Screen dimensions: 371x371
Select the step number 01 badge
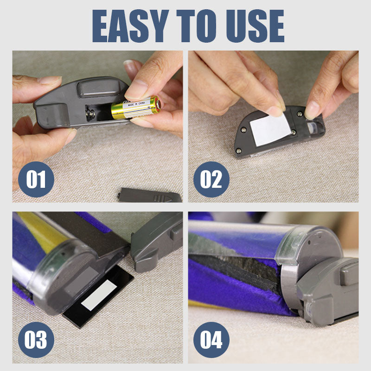click(36, 179)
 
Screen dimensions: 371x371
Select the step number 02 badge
click(211, 179)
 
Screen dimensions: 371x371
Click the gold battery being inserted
click(134, 108)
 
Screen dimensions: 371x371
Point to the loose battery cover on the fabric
click(149, 195)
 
